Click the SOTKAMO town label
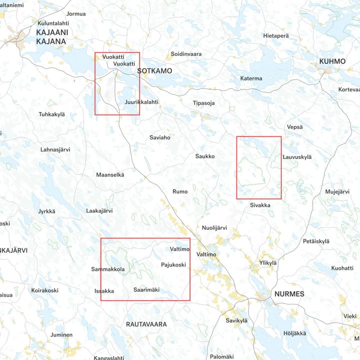pos(154,71)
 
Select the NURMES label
pos(289,293)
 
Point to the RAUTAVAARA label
pos(146,324)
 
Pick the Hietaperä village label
pos(276,36)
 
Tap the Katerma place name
pos(251,78)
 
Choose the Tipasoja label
pos(203,103)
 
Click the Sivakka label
pos(260,205)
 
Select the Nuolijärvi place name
pos(214,227)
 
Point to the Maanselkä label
pos(110,174)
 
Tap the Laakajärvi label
pos(99,211)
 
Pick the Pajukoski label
pos(173,264)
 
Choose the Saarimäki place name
pos(146,289)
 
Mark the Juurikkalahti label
pos(141,102)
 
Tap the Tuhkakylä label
pos(52,114)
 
